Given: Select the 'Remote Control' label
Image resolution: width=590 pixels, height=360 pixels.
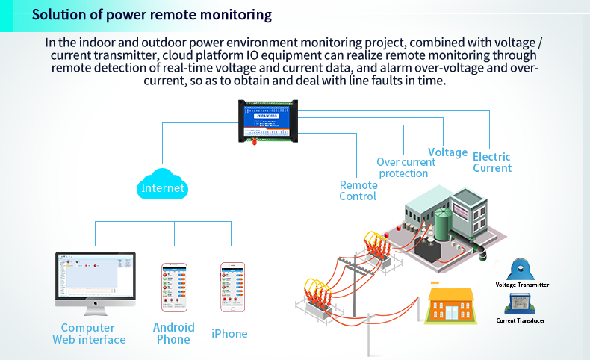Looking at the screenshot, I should [x=358, y=190].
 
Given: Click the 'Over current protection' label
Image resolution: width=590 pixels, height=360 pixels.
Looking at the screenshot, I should [x=406, y=167].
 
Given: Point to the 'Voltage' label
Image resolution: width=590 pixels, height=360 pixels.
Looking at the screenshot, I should [x=447, y=152].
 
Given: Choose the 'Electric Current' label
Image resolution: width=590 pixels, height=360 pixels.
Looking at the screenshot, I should [x=492, y=162].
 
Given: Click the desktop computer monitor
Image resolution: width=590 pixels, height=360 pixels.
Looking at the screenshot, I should [x=96, y=281].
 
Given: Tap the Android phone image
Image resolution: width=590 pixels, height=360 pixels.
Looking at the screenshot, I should [x=174, y=287].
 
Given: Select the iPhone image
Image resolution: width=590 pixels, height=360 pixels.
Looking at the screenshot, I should [x=232, y=287].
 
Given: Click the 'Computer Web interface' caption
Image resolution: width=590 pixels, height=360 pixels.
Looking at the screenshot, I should [x=88, y=334].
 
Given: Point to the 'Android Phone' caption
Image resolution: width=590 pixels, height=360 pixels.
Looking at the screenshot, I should [x=173, y=333].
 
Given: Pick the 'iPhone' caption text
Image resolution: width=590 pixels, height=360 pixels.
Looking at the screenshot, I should [x=229, y=334].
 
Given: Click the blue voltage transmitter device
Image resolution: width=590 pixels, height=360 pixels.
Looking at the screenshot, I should [x=521, y=269].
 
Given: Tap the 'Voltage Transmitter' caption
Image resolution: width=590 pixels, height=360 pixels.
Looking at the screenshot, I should [x=522, y=285].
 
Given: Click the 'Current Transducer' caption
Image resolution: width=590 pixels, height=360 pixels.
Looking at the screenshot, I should [x=521, y=320].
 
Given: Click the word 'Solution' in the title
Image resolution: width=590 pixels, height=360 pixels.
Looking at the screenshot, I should [x=57, y=15].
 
